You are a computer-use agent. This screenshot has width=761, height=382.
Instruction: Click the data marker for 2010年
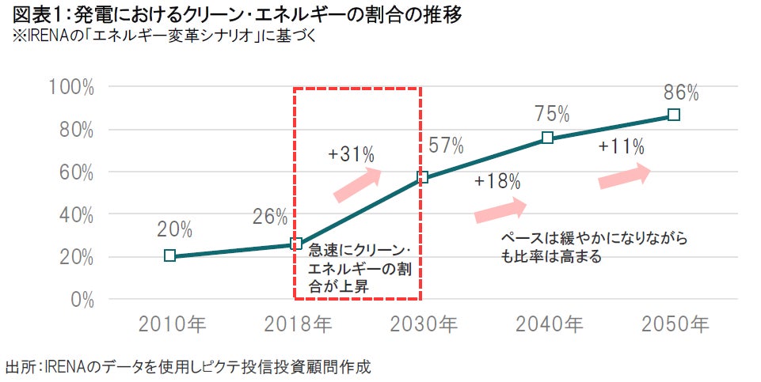point(169,255)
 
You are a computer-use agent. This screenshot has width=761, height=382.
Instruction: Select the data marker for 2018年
point(296,244)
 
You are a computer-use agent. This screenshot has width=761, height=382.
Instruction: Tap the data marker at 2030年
point(422,177)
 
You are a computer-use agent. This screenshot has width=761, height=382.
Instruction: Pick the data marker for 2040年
point(547,138)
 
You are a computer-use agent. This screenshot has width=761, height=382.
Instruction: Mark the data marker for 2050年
point(673,115)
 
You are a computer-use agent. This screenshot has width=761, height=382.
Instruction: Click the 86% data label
point(681,93)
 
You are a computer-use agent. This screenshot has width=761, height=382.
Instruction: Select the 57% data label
point(446,146)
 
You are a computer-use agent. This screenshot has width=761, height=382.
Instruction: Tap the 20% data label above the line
point(174,229)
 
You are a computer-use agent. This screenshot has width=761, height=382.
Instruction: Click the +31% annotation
point(350,153)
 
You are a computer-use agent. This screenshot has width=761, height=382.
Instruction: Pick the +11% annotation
point(621,146)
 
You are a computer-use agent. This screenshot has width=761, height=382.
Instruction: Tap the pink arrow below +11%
point(624,175)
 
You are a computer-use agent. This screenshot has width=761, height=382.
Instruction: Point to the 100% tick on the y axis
point(71,87)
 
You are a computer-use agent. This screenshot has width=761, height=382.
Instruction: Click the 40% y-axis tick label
point(75,215)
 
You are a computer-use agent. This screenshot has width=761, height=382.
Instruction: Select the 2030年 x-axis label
point(424,324)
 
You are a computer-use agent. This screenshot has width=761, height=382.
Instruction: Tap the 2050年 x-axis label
point(675,324)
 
